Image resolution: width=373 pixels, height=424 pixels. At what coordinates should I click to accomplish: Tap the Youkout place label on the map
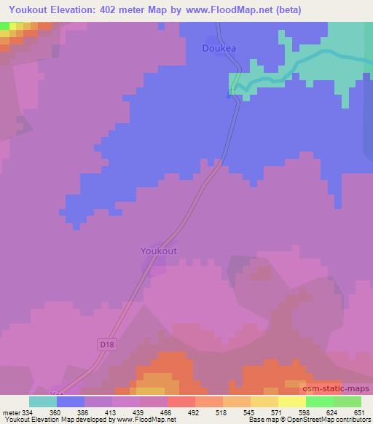pyautogui.click(x=158, y=251)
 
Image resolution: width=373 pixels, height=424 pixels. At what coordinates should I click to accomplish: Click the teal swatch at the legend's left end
pyautogui.click(x=43, y=401)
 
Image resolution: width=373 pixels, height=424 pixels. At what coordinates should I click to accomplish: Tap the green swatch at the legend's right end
pyautogui.click(x=347, y=401)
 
